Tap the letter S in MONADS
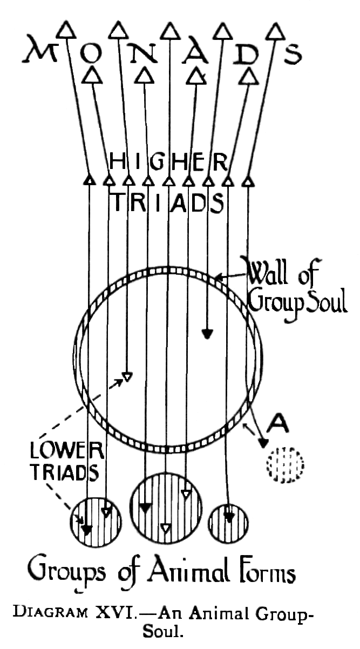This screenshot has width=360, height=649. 292,53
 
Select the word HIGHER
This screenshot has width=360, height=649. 168,160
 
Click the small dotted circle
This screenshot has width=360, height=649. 284,463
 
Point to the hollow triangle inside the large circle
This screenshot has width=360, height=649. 127,376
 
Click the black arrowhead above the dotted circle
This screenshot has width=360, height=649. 263,443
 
